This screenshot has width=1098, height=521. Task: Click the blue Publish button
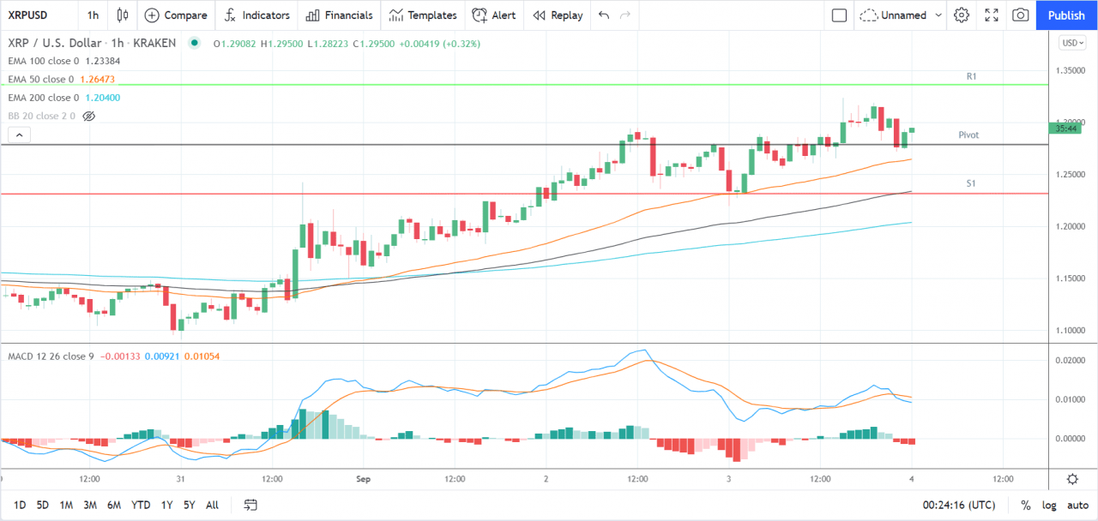(1066, 15)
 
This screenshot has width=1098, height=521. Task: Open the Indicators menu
(256, 15)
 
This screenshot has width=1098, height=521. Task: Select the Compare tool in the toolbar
(176, 15)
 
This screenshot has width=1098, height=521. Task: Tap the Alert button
(494, 15)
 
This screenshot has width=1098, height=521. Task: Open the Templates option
(423, 15)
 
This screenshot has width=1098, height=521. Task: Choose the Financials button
(339, 15)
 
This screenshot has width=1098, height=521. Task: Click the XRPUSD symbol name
(27, 15)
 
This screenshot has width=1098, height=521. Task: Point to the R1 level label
(971, 76)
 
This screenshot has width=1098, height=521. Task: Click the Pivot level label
(968, 135)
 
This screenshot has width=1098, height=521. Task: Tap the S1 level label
(971, 183)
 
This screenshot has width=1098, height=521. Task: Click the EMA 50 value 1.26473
(97, 79)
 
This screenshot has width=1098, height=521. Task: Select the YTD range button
(142, 505)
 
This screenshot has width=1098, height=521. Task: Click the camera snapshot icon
(1020, 15)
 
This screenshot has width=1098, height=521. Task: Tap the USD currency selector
(1072, 43)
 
